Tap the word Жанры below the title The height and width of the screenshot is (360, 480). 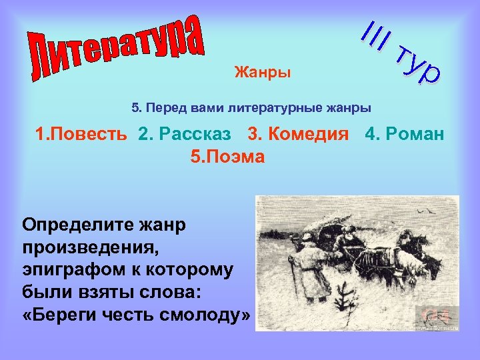(262, 72)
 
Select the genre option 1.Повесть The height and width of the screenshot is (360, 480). (81, 134)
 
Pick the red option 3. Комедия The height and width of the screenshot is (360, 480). (298, 134)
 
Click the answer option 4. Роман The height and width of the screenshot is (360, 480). (404, 134)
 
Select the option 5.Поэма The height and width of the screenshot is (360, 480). (227, 157)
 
